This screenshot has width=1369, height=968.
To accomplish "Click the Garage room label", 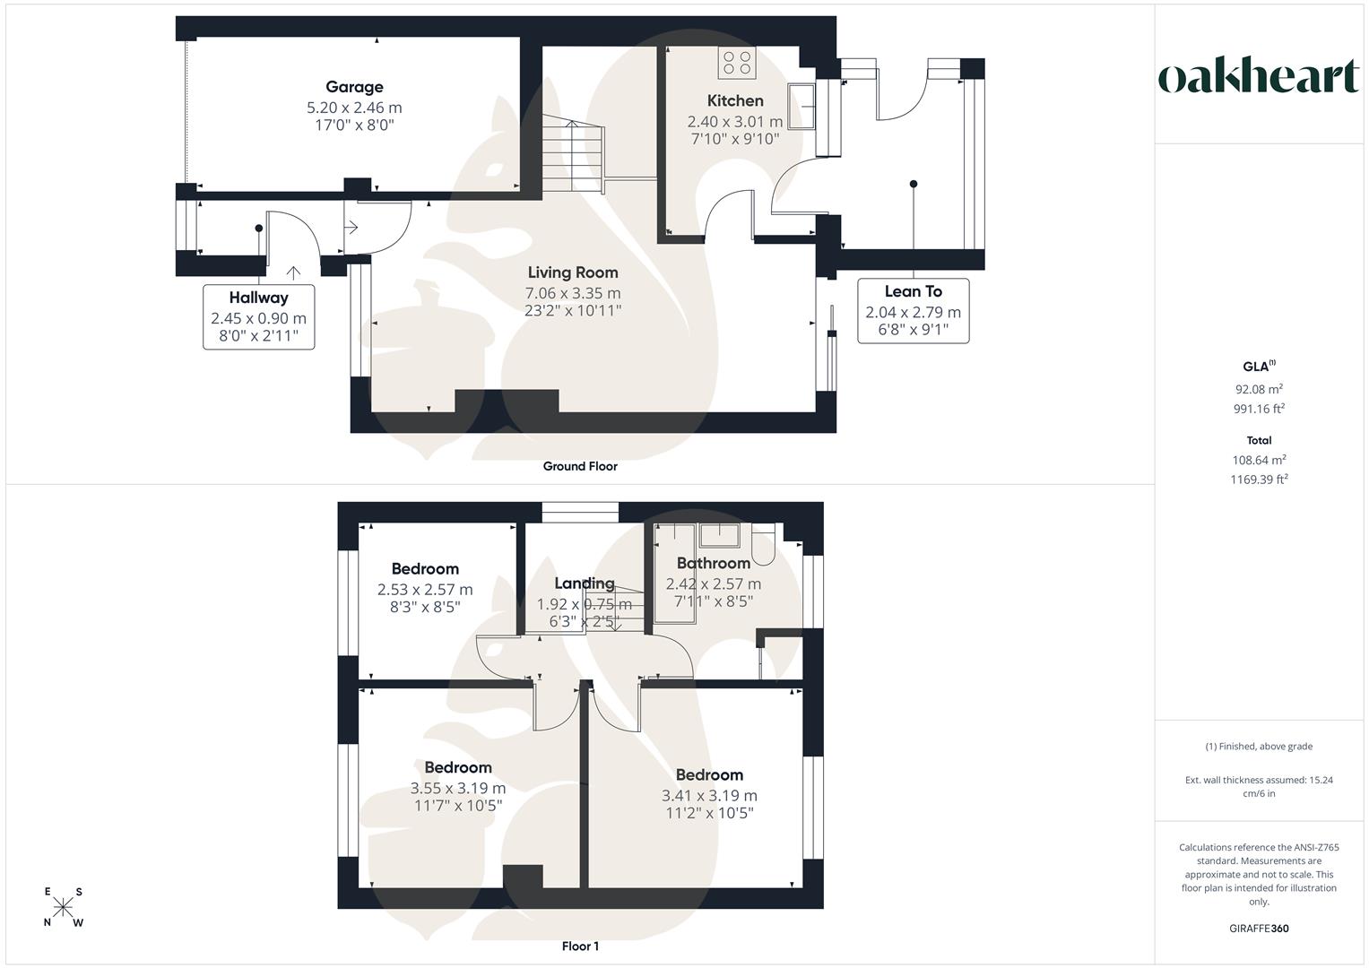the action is coord(354,88).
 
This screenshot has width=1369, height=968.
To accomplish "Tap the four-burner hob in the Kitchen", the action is coord(736,63).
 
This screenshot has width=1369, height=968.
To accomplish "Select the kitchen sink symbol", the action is coord(801,107).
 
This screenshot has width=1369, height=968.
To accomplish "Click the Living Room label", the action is coord(573,272).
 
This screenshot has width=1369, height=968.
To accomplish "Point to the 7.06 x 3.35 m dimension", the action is coord(573,293).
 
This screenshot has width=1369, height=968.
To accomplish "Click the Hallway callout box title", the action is coord(258,298).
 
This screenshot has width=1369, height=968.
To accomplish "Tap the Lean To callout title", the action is coord(913,291).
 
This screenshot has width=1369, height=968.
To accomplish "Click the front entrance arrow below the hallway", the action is coord(293,272).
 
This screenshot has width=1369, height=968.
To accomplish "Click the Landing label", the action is coord(585,583).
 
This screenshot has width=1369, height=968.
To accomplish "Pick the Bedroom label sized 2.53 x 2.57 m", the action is coord(425,569).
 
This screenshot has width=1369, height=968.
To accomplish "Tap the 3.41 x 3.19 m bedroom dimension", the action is coord(709,796).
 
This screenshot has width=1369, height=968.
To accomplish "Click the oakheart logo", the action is coord(1259,77).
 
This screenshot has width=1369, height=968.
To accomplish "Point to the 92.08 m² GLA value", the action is coord(1259,389).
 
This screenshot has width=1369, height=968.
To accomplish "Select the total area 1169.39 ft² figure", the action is coord(1259,480).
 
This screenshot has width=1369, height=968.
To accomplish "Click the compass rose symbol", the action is coord(63,907).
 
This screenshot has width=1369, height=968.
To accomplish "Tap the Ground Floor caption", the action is coord(580,466).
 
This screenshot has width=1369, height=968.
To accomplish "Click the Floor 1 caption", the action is coord(580,946).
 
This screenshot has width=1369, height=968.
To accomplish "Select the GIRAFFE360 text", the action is coord(1259,929).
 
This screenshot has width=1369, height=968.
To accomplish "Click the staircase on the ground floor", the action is coord(573,156).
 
